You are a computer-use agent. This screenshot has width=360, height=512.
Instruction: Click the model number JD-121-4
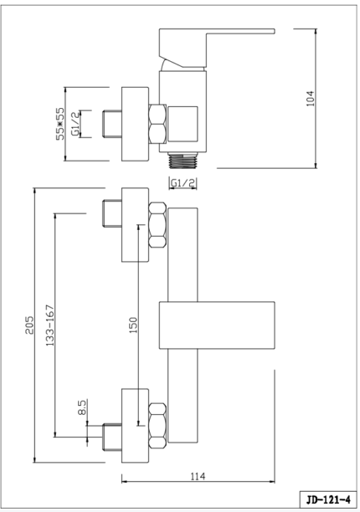328,499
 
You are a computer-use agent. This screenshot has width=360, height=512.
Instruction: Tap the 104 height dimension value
310,99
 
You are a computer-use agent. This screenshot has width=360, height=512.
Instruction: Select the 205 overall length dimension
29,325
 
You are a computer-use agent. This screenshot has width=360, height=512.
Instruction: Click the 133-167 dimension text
50,325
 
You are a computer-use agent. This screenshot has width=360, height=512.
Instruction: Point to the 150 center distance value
133,325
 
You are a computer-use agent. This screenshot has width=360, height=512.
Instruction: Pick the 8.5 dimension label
82,407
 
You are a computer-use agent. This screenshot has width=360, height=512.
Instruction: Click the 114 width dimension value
198,476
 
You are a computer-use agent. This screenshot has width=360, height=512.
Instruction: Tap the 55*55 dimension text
60,124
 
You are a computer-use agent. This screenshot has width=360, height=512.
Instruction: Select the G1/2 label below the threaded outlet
183,183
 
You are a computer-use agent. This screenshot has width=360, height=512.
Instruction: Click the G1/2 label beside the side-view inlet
75,124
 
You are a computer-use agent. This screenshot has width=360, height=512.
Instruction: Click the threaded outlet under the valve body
183,161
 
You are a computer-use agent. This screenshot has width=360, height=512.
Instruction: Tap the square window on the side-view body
183,124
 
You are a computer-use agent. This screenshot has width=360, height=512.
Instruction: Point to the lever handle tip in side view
273,31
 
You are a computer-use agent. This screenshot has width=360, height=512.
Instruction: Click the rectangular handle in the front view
217,325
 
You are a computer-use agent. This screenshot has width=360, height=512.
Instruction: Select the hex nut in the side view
157,124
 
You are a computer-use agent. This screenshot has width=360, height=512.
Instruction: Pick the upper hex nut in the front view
157,225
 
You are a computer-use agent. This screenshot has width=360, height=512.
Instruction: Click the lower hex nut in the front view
157,426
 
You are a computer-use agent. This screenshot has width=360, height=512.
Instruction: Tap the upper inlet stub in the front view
112,213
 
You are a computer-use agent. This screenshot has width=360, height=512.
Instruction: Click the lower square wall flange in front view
135,426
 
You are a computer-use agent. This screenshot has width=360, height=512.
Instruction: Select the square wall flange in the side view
135,124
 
